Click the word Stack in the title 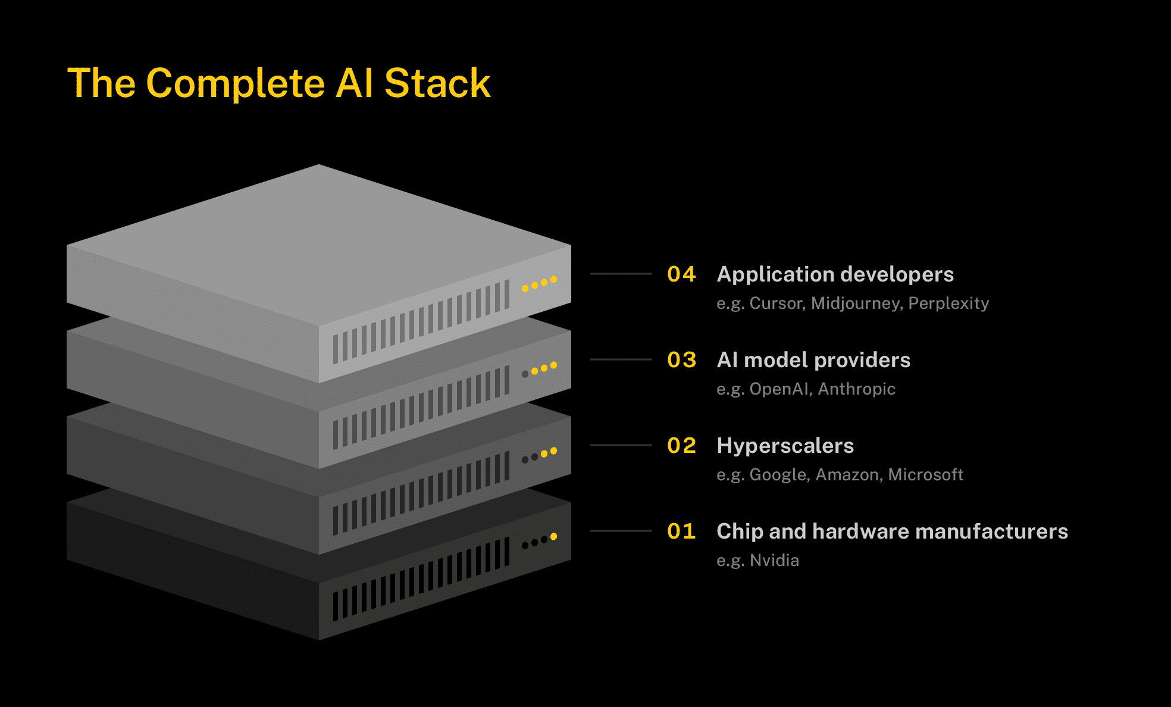pyautogui.click(x=437, y=83)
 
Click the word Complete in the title pyautogui.click(x=236, y=83)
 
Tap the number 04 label pyautogui.click(x=681, y=274)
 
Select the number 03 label pyautogui.click(x=681, y=360)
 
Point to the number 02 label pyautogui.click(x=681, y=446)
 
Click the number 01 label pyautogui.click(x=681, y=531)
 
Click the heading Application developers pyautogui.click(x=835, y=274)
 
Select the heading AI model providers pyautogui.click(x=813, y=360)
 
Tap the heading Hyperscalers pyautogui.click(x=785, y=446)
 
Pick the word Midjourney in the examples pyautogui.click(x=856, y=304)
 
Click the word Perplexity pyautogui.click(x=948, y=304)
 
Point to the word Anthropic pyautogui.click(x=856, y=389)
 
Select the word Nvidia pyautogui.click(x=774, y=561)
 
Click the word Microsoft pyautogui.click(x=925, y=475)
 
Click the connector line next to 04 pyautogui.click(x=621, y=274)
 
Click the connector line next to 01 pyautogui.click(x=621, y=531)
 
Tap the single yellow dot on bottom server pyautogui.click(x=553, y=536)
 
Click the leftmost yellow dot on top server pyautogui.click(x=525, y=289)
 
